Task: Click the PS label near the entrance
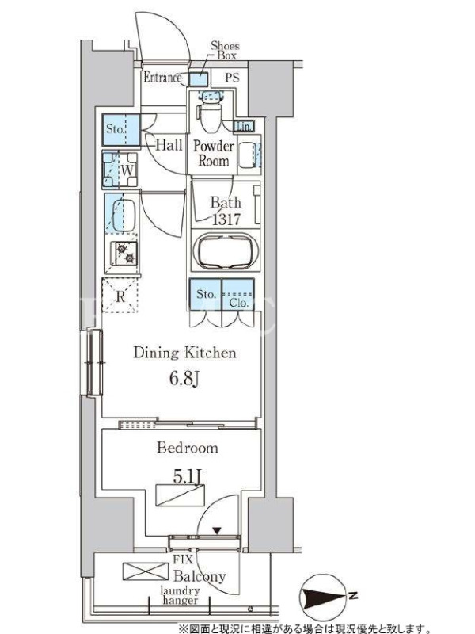coord(232,77)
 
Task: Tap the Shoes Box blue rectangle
coord(199,79)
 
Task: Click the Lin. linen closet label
coord(245,127)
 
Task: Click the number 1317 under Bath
coord(226,220)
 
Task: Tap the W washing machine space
coord(120,170)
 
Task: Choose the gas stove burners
coord(125,253)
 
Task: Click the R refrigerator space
coord(120,296)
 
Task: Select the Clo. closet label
coord(238,303)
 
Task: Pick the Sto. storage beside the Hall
coord(121,129)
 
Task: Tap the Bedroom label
coord(188,448)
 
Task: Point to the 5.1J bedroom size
coord(187,477)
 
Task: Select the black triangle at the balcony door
coord(217,530)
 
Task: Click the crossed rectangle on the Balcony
coord(146,571)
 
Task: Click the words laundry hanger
coord(180,596)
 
